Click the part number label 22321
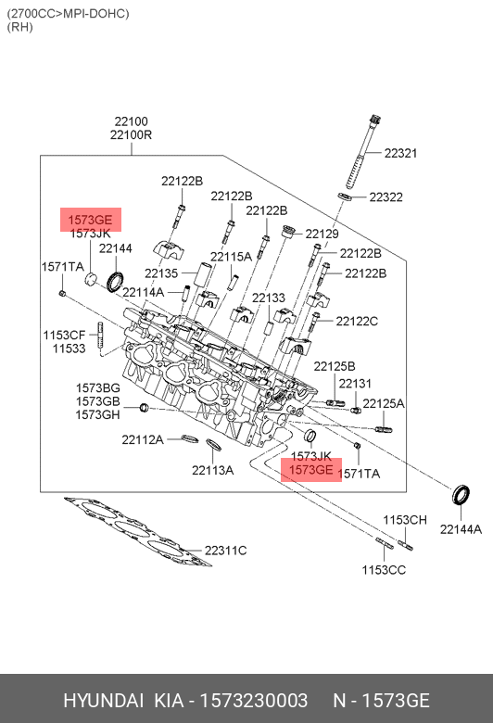pyautogui.click(x=400, y=153)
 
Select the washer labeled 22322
pyautogui.click(x=345, y=197)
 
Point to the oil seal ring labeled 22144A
pyautogui.click(x=461, y=495)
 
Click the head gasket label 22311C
pyautogui.click(x=225, y=551)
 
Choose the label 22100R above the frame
pyautogui.click(x=131, y=135)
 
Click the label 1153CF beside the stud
pyautogui.click(x=64, y=335)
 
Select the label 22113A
pyautogui.click(x=212, y=470)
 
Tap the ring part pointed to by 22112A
pyautogui.click(x=190, y=438)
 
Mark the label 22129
pyautogui.click(x=322, y=234)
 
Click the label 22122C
pyautogui.click(x=357, y=321)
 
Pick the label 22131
pyautogui.click(x=355, y=383)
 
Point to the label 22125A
pyautogui.click(x=384, y=403)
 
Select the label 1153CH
pyautogui.click(x=405, y=520)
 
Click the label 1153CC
pyautogui.click(x=384, y=570)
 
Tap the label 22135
pyautogui.click(x=161, y=273)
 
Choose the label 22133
pyautogui.click(x=269, y=298)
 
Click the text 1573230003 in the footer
pyautogui.click(x=253, y=700)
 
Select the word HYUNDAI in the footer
pyautogui.click(x=103, y=700)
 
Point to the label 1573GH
pyautogui.click(x=98, y=415)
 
